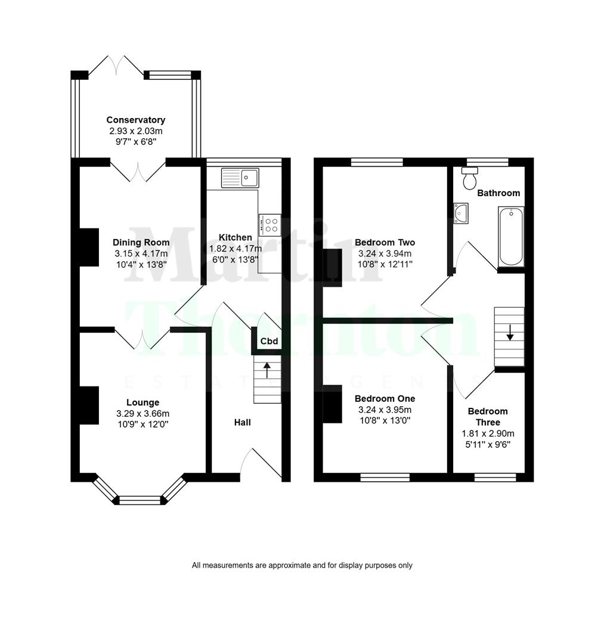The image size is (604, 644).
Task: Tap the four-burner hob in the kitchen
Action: [270, 224]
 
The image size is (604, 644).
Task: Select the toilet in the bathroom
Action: [470, 177]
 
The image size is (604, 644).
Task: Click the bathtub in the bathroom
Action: [511, 237]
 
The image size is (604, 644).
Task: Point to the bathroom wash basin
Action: [460, 213]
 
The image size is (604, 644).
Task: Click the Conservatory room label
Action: [136, 120]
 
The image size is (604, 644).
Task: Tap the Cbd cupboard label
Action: [269, 342]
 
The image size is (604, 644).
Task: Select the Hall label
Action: [242, 422]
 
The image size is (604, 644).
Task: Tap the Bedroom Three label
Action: [488, 416]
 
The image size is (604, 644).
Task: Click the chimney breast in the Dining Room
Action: [89, 247]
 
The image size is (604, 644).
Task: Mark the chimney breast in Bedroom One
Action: [333, 406]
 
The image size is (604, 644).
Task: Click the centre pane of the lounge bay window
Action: [141, 500]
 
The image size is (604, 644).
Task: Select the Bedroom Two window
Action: [377, 162]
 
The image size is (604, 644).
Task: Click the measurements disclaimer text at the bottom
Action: [302, 565]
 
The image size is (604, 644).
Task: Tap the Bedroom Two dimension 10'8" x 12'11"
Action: [385, 263]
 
